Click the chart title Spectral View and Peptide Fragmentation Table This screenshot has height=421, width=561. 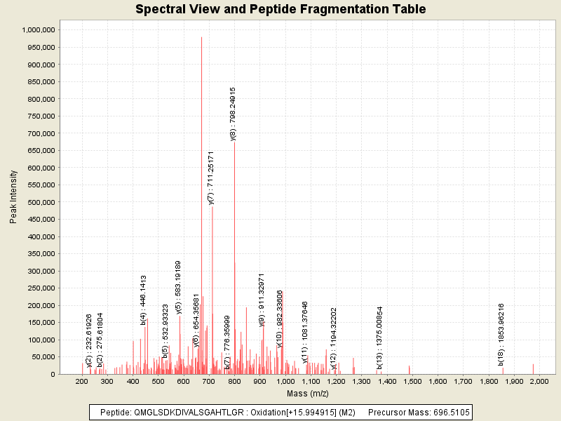280,9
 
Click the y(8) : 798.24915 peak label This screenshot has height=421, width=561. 233,114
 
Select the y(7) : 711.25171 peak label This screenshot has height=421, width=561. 211,178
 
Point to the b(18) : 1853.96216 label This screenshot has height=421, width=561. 501,333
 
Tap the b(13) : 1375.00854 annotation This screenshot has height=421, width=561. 379,338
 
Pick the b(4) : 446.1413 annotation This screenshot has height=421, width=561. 143,300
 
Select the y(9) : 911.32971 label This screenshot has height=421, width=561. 262,300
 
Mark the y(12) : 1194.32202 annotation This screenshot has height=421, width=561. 334,338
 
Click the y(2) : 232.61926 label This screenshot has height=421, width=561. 89,340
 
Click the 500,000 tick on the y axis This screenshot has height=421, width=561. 41,202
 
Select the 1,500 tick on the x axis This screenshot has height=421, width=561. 412,381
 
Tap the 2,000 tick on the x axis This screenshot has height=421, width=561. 539,381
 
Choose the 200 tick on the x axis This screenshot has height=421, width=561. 82,381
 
